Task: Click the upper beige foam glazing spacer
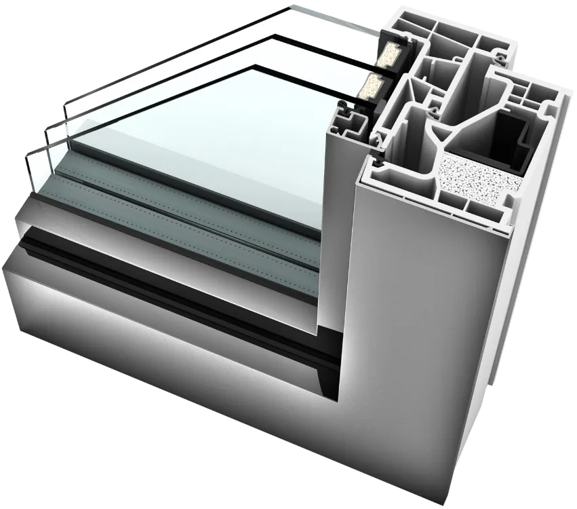pyautogui.click(x=392, y=50)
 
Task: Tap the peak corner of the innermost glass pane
pyautogui.click(x=257, y=66)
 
